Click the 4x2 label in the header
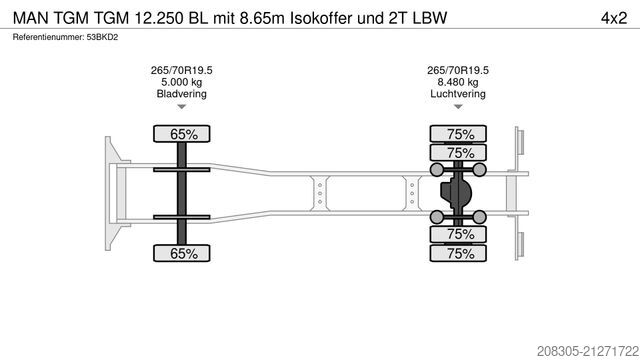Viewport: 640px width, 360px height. click(612, 17)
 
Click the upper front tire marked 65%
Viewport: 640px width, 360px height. click(181, 133)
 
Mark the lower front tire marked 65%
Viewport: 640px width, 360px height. click(181, 254)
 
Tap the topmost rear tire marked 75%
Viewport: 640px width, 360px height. click(459, 133)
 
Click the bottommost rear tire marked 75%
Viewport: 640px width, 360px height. click(459, 254)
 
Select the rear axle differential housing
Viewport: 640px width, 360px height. click(459, 193)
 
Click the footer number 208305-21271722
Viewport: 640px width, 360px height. click(571, 348)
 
